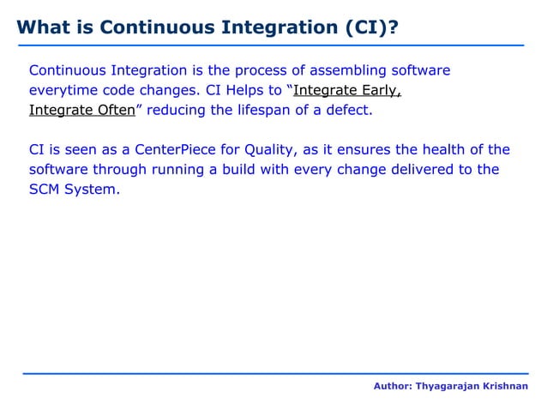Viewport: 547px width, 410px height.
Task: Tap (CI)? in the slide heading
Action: point(369,26)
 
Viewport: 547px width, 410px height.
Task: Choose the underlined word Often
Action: point(110,111)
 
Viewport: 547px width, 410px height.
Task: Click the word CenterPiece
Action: point(171,148)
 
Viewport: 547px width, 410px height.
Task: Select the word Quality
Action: point(266,148)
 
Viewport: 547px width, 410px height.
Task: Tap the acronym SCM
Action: point(46,190)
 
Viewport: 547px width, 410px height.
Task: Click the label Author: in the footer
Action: point(393,388)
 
